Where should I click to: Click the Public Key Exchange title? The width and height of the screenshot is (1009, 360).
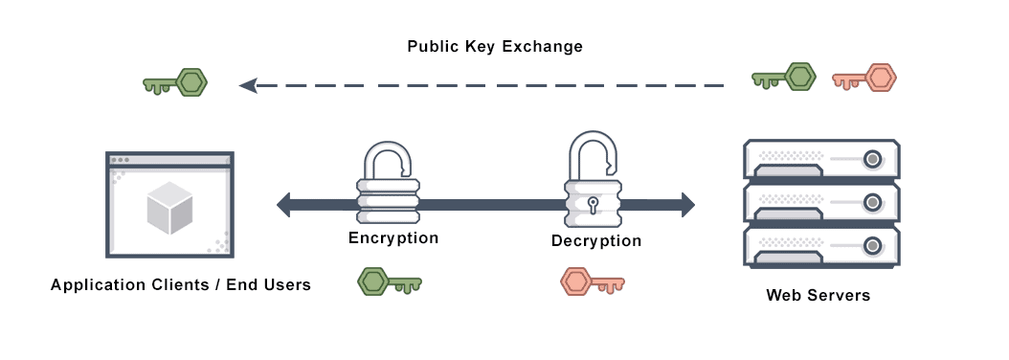click(x=495, y=46)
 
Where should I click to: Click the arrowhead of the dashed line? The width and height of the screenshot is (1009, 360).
click(x=248, y=85)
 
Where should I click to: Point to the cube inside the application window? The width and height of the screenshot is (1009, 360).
click(x=170, y=207)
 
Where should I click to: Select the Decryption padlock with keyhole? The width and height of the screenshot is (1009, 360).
click(x=594, y=187)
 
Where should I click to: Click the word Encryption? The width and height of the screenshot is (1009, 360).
click(x=393, y=238)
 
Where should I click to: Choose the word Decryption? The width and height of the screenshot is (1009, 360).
click(x=596, y=240)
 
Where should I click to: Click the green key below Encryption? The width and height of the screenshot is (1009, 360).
click(x=389, y=281)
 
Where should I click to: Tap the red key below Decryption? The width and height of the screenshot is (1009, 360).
click(x=592, y=281)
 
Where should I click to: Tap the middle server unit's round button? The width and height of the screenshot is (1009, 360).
click(x=872, y=202)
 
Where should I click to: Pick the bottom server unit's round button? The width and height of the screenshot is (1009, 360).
click(x=872, y=246)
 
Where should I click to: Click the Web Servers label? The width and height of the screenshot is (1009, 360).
click(x=818, y=295)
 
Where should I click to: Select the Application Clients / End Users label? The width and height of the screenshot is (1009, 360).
click(x=181, y=284)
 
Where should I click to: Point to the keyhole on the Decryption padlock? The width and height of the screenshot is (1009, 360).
click(x=594, y=204)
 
